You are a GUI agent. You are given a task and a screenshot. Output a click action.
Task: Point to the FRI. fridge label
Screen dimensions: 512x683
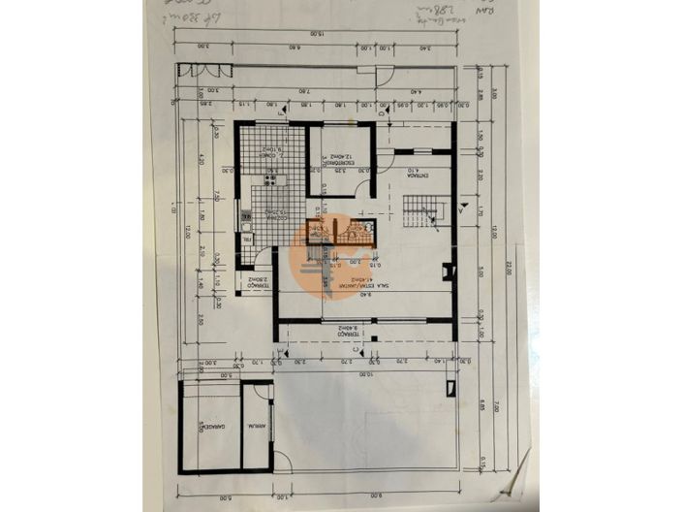click(248, 238)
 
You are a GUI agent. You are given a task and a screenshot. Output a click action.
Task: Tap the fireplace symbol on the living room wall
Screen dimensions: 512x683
click(447, 274)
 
